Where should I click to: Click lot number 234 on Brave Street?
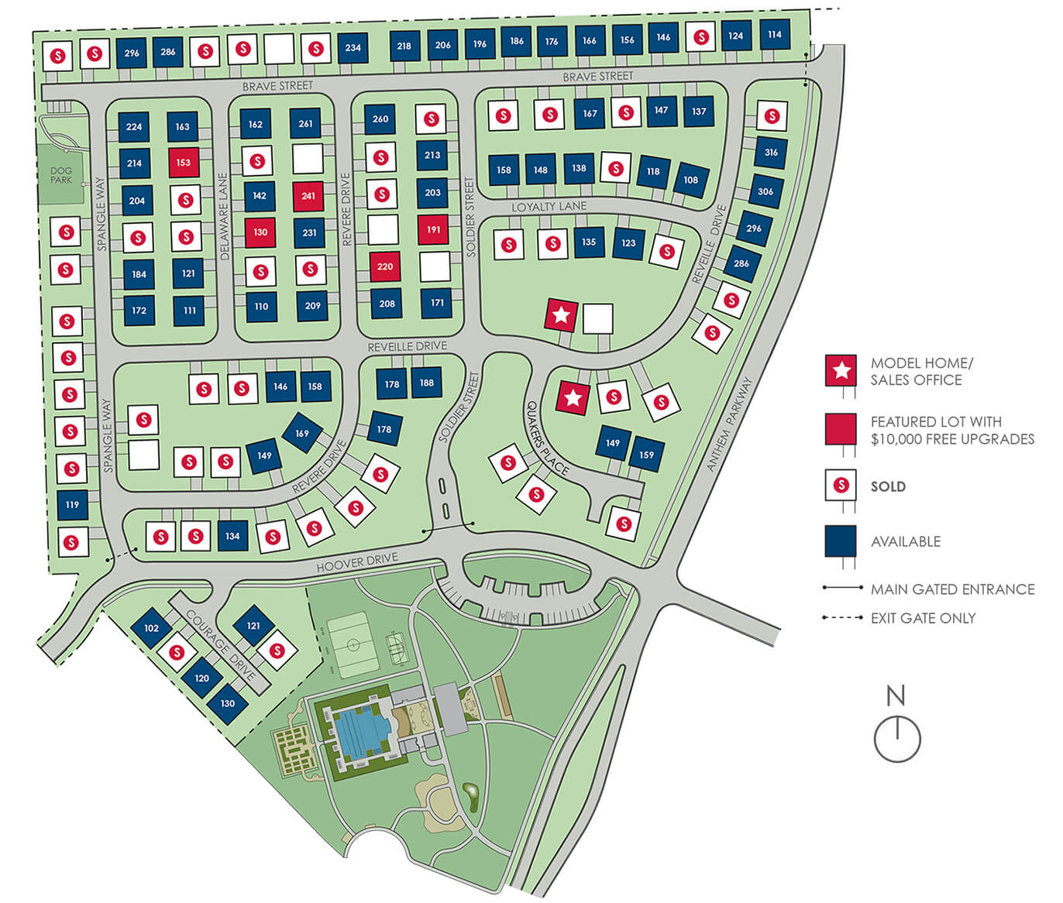pos(353,47)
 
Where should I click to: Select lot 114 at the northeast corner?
pos(775,34)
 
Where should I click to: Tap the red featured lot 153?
pos(184,163)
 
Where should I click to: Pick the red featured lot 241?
pos(308,196)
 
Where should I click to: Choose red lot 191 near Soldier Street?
pos(433,230)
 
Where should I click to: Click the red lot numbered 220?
pos(385,266)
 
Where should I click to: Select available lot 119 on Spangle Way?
pos(72,504)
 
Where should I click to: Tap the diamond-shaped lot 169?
pos(302,434)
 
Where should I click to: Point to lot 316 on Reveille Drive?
pos(771,153)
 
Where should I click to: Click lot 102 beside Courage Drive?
pos(152,628)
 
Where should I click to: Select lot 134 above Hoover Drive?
pos(232,536)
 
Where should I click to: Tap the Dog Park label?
pos(61,175)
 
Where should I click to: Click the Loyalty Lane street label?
pos(549,207)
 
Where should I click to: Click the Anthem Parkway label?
pos(729,424)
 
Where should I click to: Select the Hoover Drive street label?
pos(357,563)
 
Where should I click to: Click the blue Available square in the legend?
pos(841,541)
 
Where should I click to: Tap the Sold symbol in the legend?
pos(841,486)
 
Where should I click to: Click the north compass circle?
pos(897,739)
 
